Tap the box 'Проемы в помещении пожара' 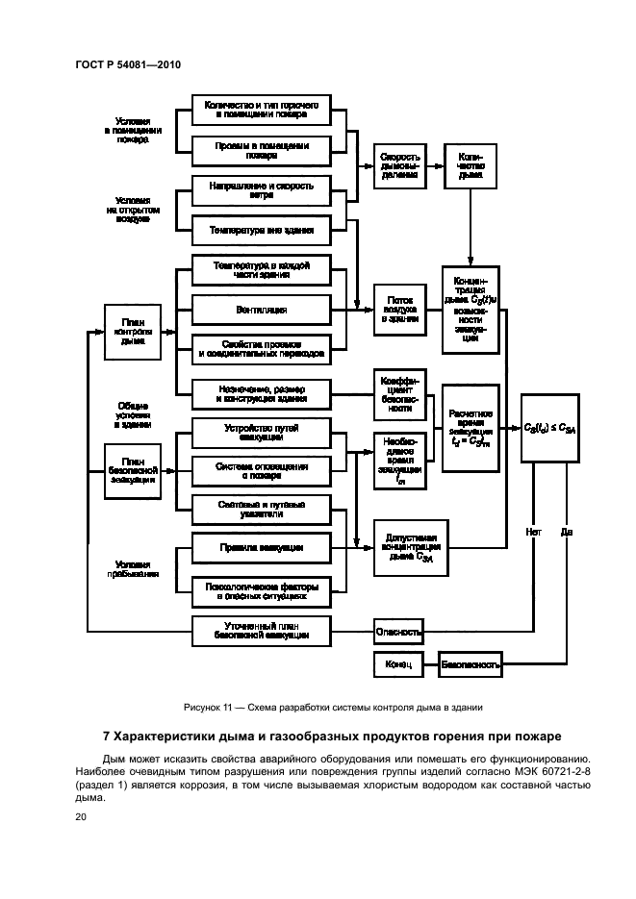pos(262,149)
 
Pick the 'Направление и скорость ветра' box pos(262,189)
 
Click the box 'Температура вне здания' pos(262,231)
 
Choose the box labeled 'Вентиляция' pos(262,310)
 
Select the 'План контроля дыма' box pos(133,330)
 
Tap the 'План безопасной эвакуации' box pos(133,470)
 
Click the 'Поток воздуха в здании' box pos(398,310)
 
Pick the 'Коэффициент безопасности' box pos(398,394)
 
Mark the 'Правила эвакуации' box pos(262,547)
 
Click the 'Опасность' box pos(398,632)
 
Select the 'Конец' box pos(398,663)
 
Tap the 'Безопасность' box pos(470,663)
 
